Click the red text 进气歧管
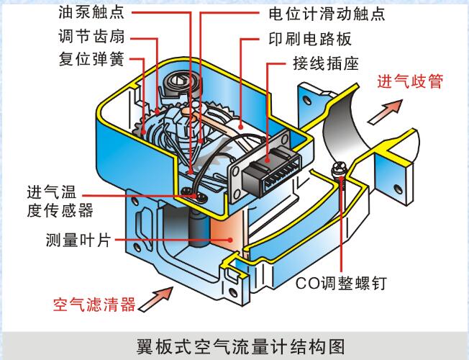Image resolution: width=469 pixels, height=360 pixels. tap(409, 81)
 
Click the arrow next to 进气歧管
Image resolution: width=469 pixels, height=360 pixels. tap(386, 109)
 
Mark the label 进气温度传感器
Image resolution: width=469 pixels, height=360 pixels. tap(60, 201)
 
